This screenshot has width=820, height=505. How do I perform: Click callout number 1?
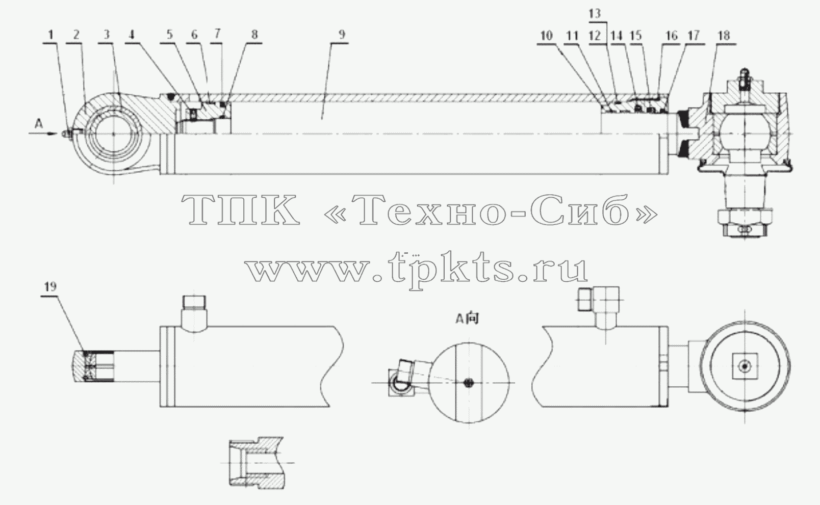pyautogui.click(x=50, y=35)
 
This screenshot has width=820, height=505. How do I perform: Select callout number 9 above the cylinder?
pyautogui.click(x=342, y=35)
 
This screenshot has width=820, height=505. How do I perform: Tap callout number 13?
pyautogui.click(x=595, y=14)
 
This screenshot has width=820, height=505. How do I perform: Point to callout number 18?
pyautogui.click(x=724, y=36)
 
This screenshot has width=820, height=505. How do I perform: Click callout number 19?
pyautogui.click(x=50, y=286)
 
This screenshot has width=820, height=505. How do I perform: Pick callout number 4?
pyautogui.click(x=132, y=35)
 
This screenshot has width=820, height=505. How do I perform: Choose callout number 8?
pyautogui.click(x=254, y=35)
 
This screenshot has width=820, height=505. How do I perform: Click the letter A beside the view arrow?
pyautogui.click(x=38, y=124)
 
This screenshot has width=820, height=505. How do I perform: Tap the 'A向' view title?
pyautogui.click(x=467, y=318)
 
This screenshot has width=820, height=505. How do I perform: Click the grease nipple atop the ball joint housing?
pyautogui.click(x=745, y=78)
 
